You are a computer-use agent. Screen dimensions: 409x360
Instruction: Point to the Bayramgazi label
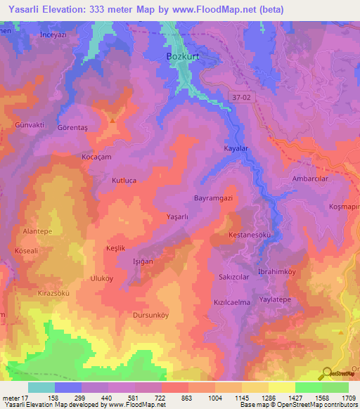click(x=213, y=199)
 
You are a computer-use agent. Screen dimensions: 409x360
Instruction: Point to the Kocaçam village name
click(x=96, y=157)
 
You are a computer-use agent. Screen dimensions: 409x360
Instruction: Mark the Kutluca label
click(x=124, y=181)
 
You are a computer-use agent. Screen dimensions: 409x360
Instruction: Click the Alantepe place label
click(x=38, y=231)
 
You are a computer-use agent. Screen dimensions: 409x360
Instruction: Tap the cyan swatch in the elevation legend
click(x=41, y=387)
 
